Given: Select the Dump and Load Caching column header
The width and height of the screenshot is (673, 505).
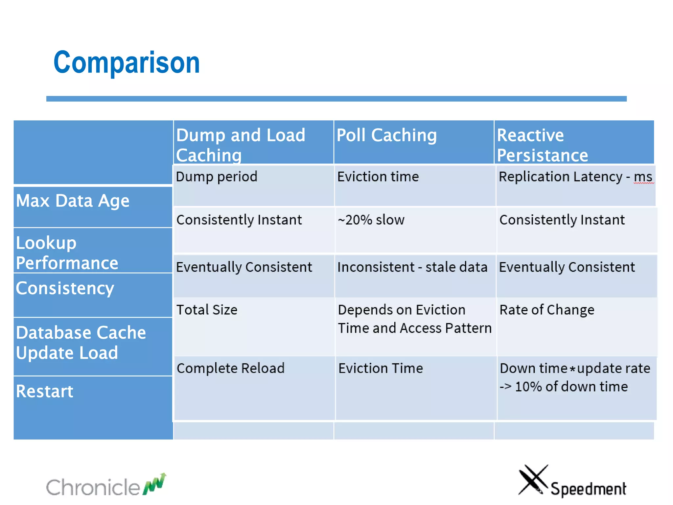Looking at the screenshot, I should click(241, 145).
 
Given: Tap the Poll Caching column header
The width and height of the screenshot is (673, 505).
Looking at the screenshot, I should click(386, 135).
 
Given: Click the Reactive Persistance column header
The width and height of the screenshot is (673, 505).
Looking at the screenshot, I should click(542, 145).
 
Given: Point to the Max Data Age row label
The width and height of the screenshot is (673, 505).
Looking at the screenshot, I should click(73, 201).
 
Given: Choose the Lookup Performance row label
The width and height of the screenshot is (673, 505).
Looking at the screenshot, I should click(67, 252).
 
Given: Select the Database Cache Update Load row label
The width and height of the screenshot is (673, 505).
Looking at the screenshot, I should click(81, 342).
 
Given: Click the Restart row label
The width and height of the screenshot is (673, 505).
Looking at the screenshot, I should click(45, 391).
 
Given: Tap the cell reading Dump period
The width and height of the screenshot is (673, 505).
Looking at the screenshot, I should click(217, 177).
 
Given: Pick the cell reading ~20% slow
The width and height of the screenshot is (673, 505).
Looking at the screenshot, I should click(371, 220).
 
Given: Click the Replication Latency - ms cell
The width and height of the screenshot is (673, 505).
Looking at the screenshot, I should click(575, 177).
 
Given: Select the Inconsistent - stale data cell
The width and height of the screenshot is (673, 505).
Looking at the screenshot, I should click(412, 267).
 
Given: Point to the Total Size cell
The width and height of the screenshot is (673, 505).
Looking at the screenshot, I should click(207, 310).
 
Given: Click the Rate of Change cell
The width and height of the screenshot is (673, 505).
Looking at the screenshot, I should click(547, 310).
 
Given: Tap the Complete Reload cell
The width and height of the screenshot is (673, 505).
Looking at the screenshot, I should click(230, 368).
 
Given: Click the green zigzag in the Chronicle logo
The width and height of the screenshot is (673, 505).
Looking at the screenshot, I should click(155, 484).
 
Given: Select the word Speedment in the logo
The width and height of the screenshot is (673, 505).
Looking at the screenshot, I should click(588, 489).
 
